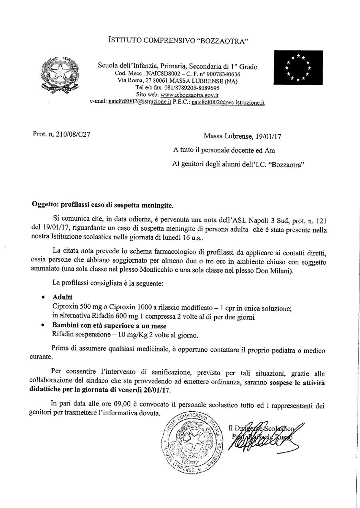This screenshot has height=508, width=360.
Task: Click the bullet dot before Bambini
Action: [x=44, y=326]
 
